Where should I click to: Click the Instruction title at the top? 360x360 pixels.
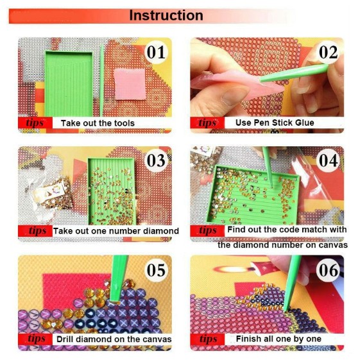[166, 15]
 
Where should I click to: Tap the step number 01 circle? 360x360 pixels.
[156, 53]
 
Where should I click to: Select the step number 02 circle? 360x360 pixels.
[328, 53]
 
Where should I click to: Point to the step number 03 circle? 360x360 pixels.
[156, 160]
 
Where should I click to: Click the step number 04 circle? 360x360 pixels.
[328, 160]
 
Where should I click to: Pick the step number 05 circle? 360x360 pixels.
[156, 270]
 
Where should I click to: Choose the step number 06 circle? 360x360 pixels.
[328, 270]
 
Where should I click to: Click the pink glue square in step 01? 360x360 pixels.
[130, 84]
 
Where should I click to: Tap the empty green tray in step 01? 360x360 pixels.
[69, 84]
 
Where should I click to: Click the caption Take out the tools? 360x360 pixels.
[98, 123]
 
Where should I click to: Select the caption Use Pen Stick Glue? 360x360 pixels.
[275, 123]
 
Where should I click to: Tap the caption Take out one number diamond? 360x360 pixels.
[116, 231]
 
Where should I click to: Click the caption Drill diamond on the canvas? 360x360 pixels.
[114, 339]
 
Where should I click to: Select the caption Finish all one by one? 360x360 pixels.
[279, 339]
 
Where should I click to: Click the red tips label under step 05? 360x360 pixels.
[35, 339]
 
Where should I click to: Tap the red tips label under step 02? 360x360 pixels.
[207, 123]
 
